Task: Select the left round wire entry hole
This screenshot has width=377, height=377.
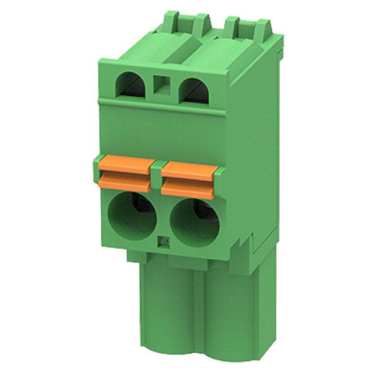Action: (132, 215)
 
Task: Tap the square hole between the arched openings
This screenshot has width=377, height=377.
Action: (162, 87)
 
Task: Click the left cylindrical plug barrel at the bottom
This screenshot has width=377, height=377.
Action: (165, 317)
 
